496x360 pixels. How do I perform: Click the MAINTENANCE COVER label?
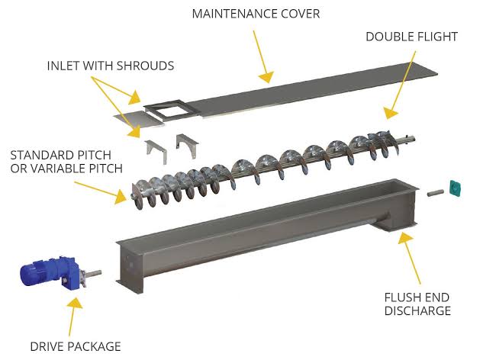(256, 14)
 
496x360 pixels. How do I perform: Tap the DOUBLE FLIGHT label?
(411, 37)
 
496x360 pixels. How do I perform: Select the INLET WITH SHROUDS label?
(111, 66)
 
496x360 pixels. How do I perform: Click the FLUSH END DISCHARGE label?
(417, 304)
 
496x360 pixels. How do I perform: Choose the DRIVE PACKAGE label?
(76, 346)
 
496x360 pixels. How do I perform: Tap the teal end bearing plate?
(456, 188)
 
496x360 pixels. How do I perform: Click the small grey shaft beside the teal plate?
(436, 192)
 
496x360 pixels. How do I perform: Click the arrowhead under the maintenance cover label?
(266, 77)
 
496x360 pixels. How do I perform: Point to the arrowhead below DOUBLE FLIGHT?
(391, 113)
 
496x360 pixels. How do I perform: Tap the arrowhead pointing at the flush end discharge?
(405, 237)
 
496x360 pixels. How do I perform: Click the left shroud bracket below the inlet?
(156, 151)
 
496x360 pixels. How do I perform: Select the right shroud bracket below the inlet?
(187, 145)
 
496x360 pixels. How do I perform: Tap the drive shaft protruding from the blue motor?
(93, 273)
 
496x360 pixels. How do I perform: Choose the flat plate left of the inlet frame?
(139, 119)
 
